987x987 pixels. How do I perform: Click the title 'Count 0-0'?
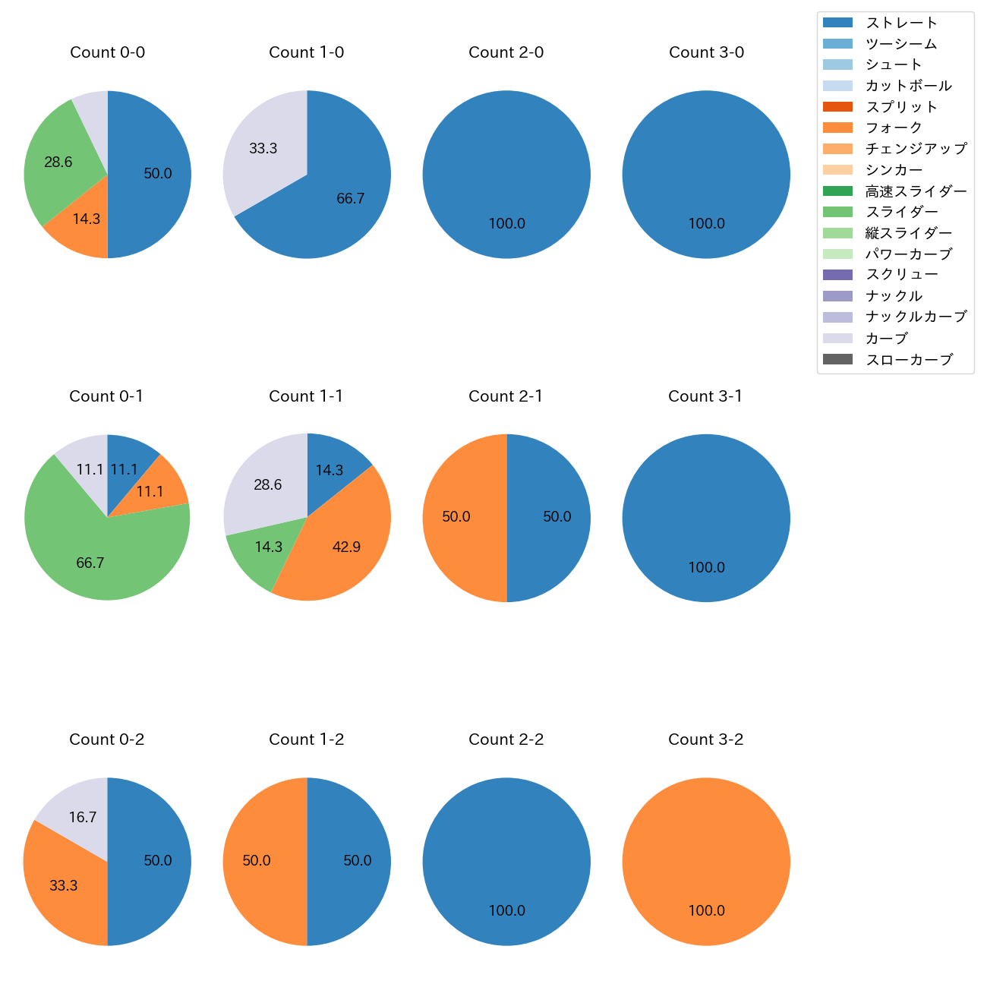pos(107,52)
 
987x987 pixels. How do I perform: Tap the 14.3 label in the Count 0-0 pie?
pos(87,219)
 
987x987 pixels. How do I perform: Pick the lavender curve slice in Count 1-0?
pos(263,149)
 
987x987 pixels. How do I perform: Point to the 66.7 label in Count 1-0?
pos(351,199)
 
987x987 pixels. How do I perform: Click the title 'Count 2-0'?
pos(506,52)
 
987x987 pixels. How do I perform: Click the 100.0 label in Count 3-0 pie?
pos(706,224)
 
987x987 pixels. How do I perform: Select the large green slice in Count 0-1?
pos(90,563)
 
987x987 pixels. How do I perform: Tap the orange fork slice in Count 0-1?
pos(150,492)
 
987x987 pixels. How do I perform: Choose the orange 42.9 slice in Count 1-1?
pos(346,547)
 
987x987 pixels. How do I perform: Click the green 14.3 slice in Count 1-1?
pos(268,547)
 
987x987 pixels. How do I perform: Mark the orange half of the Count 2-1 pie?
pos(456,517)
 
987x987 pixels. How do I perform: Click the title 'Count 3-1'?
pos(705,396)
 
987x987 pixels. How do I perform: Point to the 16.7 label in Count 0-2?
pos(82,818)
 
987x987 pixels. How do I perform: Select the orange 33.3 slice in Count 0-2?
pos(64,886)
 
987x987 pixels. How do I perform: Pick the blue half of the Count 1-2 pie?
pos(357,861)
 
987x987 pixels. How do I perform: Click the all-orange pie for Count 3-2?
pos(706,861)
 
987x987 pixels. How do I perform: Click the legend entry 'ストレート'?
pos(901,23)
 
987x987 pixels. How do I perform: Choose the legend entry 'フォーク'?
pos(894,128)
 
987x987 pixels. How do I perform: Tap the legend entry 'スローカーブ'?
pos(909,360)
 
